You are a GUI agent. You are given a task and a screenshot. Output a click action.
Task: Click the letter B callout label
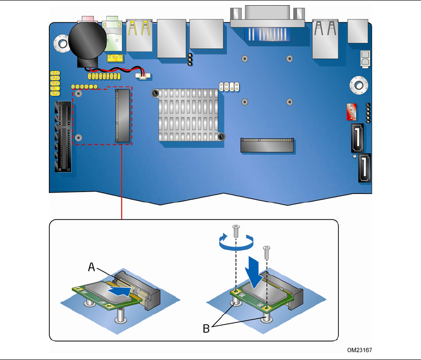coord(206,328)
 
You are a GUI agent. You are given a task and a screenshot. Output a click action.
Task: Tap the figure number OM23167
coord(359,351)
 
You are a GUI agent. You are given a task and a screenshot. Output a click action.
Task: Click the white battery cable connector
coord(143,75)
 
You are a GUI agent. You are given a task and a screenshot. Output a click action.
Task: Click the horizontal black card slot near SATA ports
coord(267,145)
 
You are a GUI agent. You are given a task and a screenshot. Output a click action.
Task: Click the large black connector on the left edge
coord(64,137)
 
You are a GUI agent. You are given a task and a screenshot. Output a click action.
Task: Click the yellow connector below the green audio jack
coord(114,58)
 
